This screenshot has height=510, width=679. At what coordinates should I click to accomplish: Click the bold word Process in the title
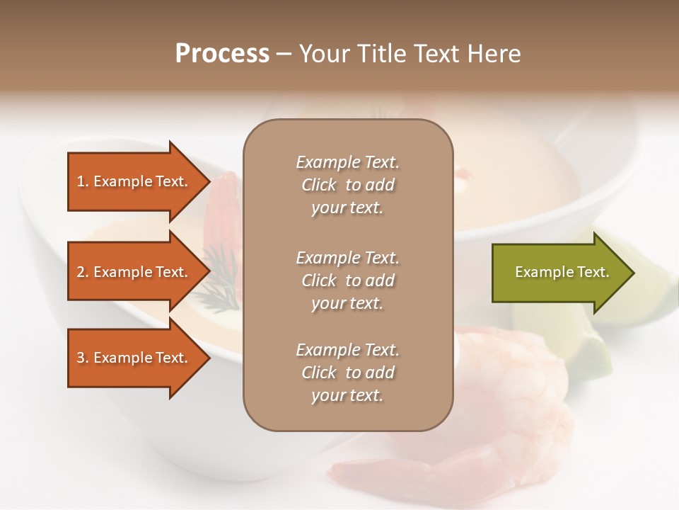[x=222, y=54]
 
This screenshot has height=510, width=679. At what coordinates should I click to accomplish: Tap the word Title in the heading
[x=381, y=54]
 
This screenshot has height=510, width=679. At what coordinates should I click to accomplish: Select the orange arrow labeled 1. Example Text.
[x=134, y=182]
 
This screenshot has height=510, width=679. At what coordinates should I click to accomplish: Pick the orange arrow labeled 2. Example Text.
[x=134, y=272]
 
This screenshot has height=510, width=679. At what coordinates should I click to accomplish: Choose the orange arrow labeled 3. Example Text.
[x=134, y=358]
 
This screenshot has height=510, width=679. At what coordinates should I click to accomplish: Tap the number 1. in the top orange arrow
[x=83, y=182]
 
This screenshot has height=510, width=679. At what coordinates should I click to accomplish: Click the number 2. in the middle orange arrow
[x=83, y=272]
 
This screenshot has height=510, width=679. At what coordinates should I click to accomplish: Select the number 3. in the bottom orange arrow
[x=83, y=358]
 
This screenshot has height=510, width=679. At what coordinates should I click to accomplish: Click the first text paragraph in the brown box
[x=347, y=185]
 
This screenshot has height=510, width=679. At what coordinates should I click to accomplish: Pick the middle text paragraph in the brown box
[x=347, y=280]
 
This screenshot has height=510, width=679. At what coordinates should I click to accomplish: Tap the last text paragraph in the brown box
[x=347, y=373]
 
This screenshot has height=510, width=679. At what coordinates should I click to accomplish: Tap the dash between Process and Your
[x=284, y=55]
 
